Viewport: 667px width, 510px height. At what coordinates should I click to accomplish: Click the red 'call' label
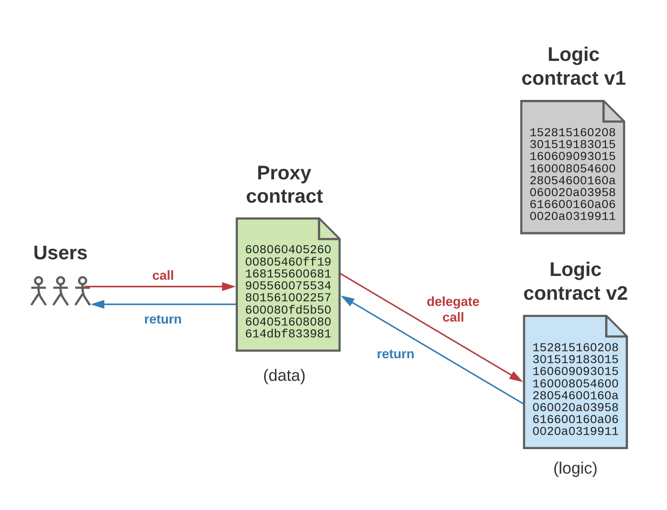[163, 275]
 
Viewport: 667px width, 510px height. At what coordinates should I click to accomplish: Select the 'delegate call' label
[453, 309]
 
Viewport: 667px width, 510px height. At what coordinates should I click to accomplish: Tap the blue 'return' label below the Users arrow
[163, 319]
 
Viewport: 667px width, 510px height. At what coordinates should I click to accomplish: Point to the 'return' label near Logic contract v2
[395, 354]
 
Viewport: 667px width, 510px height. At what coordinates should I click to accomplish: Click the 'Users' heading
[60, 253]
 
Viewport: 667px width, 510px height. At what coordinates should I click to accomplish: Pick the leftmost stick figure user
[39, 291]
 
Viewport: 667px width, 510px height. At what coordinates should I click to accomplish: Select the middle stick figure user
[60, 291]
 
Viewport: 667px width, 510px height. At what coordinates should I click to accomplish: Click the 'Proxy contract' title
[284, 185]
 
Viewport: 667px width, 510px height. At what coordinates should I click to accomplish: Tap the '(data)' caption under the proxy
[284, 375]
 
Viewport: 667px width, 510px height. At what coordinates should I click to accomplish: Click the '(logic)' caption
[575, 468]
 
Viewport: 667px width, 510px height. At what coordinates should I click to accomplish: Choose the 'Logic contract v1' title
[573, 66]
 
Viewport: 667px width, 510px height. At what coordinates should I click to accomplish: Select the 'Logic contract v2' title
[575, 281]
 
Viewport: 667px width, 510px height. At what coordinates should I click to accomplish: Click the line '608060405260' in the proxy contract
[288, 249]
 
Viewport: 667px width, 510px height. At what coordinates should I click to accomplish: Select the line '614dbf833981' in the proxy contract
[288, 333]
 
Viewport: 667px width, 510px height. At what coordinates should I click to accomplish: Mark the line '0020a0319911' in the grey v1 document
[572, 216]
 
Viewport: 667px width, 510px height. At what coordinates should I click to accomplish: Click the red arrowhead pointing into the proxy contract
[229, 286]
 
